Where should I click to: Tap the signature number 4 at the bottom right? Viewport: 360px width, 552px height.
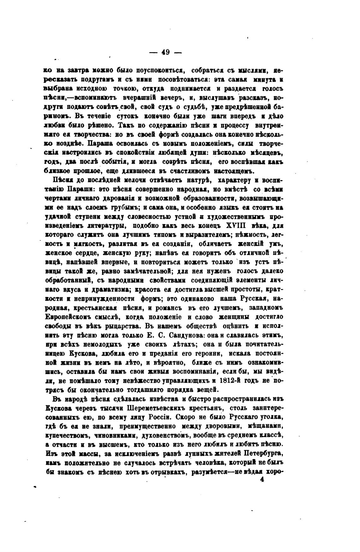pos(261,480)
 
